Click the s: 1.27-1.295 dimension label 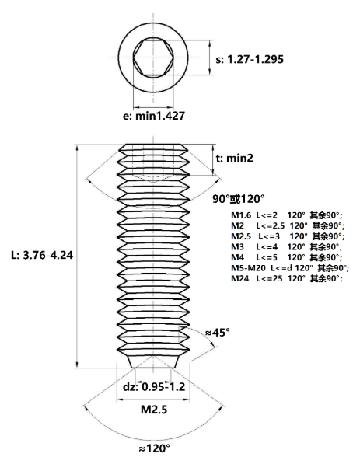click(250, 59)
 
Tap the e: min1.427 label click(153, 116)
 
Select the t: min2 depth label click(235, 158)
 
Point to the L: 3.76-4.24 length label click(42, 256)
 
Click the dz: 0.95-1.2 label click(154, 387)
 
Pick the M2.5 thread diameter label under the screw click(154, 410)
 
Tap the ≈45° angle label click(218, 333)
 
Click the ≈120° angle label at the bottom click(155, 448)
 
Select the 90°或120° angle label click(239, 198)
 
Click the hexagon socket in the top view click(153, 58)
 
